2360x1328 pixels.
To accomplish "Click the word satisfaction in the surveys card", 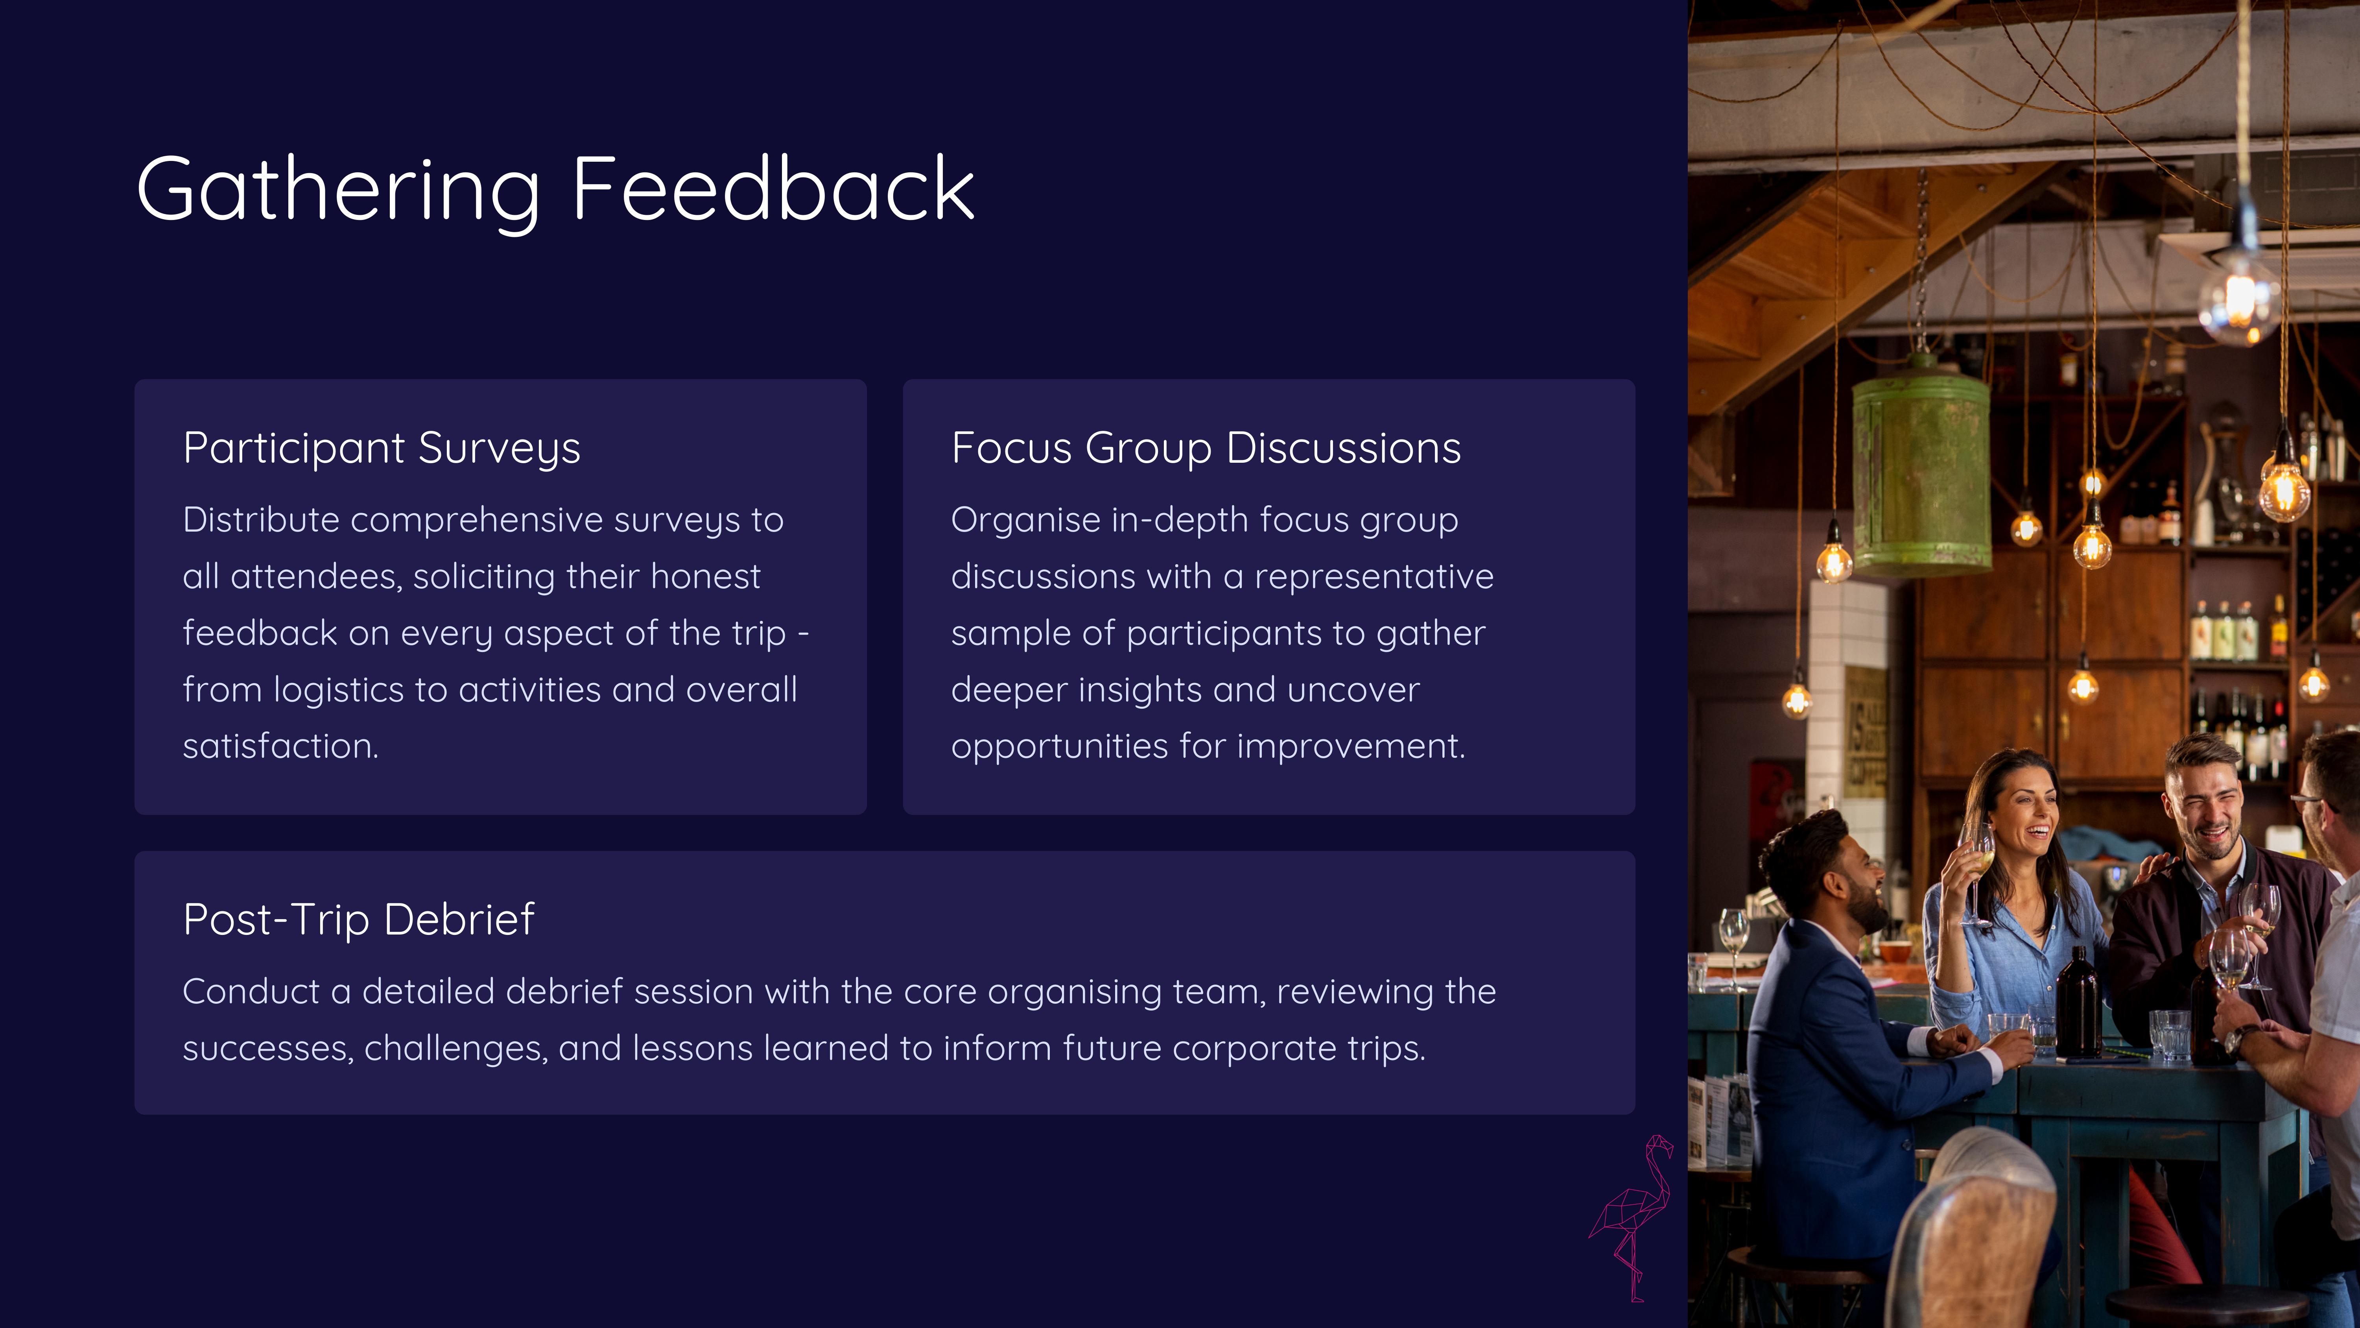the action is point(280,746).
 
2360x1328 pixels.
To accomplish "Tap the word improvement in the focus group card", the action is point(1350,746).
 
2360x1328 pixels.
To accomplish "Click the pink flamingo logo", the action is point(1632,1217).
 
